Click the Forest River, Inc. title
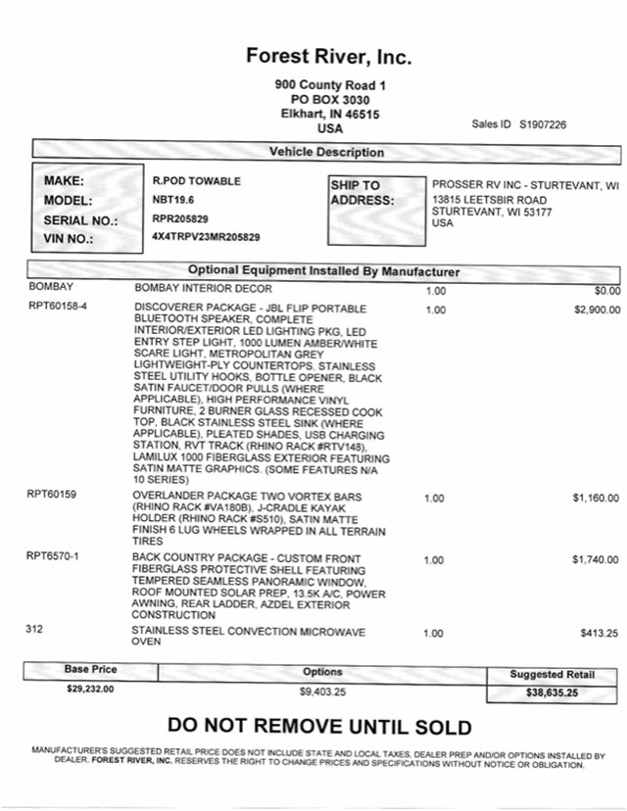tap(329, 57)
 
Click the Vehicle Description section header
tap(327, 153)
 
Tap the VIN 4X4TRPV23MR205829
tap(208, 237)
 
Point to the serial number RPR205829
tap(180, 218)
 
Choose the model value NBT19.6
tap(173, 200)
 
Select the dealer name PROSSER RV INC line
tap(525, 184)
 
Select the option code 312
tap(35, 630)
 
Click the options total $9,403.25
tap(322, 692)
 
